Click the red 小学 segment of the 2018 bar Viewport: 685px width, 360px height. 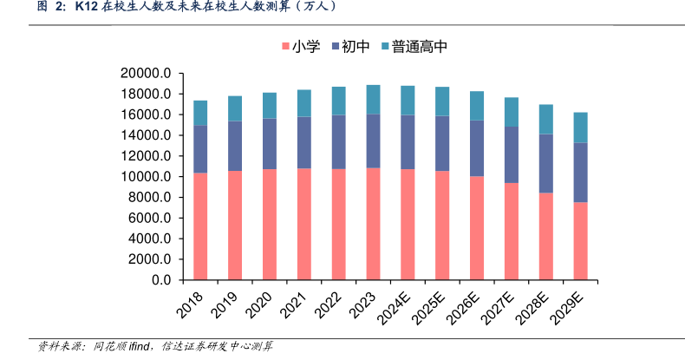200,226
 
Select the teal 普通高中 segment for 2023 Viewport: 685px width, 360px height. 373,99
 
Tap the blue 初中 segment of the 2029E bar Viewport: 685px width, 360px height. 580,172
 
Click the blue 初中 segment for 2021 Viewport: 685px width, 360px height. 303,142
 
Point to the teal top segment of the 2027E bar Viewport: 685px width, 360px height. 512,112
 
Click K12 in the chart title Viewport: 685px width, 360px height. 86,8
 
